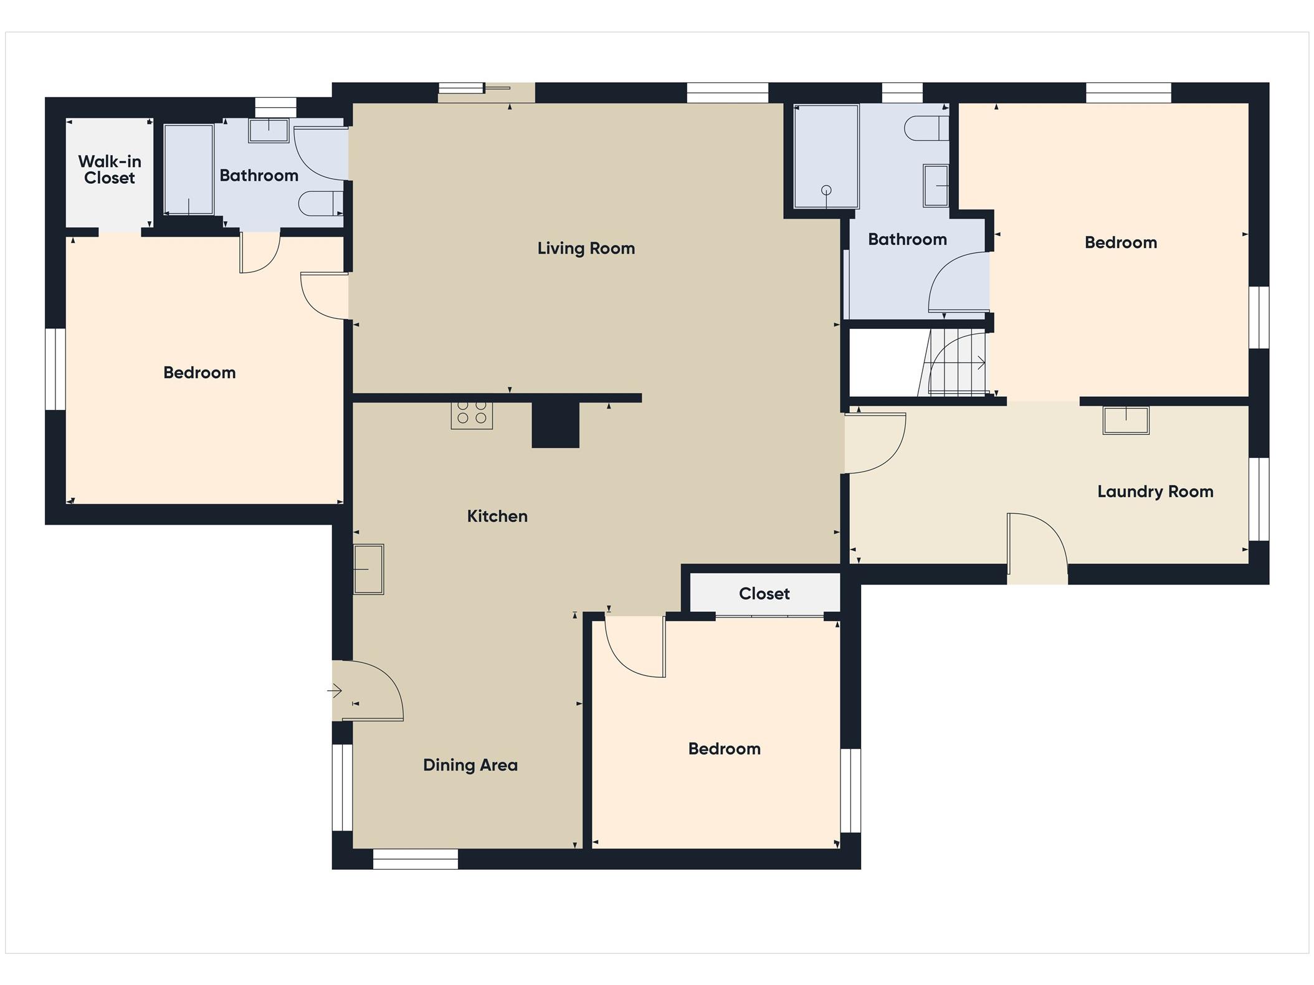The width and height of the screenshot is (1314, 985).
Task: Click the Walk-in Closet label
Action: coord(110,169)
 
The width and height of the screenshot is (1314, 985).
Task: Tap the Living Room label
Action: coord(586,248)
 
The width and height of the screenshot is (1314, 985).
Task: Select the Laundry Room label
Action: coord(1155,492)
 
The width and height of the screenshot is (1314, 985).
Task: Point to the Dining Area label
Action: coord(470,765)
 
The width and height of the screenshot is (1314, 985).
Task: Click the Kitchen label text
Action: coord(497,516)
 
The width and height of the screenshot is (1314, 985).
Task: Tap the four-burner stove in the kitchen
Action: coord(472,415)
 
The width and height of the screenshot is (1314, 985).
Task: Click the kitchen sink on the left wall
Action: coord(368,569)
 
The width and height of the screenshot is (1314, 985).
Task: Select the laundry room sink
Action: coord(1126,420)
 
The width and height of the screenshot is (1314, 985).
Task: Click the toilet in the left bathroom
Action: coord(321,203)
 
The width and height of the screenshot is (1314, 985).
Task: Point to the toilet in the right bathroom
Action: coord(926,128)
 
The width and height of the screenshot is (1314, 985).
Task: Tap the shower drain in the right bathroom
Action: coord(826,190)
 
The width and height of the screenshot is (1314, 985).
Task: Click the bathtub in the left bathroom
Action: coord(189,169)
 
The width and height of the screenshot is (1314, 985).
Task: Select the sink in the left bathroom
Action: coord(269,131)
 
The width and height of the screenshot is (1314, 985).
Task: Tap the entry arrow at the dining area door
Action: coord(335,691)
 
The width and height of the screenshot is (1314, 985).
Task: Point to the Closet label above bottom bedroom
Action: coord(764,594)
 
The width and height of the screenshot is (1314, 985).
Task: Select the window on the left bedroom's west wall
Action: coord(55,369)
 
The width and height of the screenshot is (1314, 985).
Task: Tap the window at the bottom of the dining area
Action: coord(416,859)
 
